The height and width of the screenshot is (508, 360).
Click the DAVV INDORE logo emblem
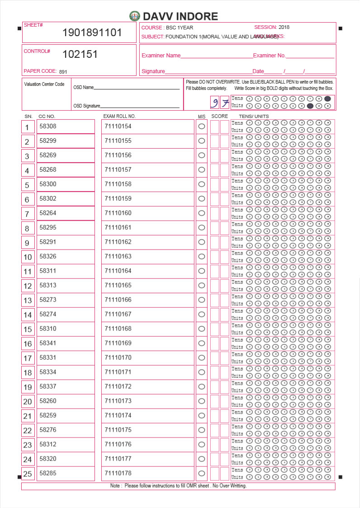134,16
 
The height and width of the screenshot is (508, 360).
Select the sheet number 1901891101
92,33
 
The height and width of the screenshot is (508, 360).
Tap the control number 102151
80,55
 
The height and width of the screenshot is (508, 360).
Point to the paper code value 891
63,71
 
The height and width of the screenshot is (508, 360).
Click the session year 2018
284,28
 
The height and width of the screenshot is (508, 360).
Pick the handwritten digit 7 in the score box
225,103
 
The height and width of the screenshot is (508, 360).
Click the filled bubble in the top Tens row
327,99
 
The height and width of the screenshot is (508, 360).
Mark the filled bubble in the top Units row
310,106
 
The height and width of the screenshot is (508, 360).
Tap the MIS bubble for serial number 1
202,127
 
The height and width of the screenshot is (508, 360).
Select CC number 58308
48,127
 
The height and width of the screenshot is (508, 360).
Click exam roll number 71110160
118,213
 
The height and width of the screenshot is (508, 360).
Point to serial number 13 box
28,301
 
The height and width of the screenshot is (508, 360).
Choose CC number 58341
48,343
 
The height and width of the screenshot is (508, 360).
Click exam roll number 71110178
118,473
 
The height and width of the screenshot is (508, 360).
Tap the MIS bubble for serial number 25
202,473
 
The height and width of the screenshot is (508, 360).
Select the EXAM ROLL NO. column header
119,117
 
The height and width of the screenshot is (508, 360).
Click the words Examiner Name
161,56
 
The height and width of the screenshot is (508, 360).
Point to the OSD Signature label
86,106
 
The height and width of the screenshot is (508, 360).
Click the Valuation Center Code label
44,85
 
